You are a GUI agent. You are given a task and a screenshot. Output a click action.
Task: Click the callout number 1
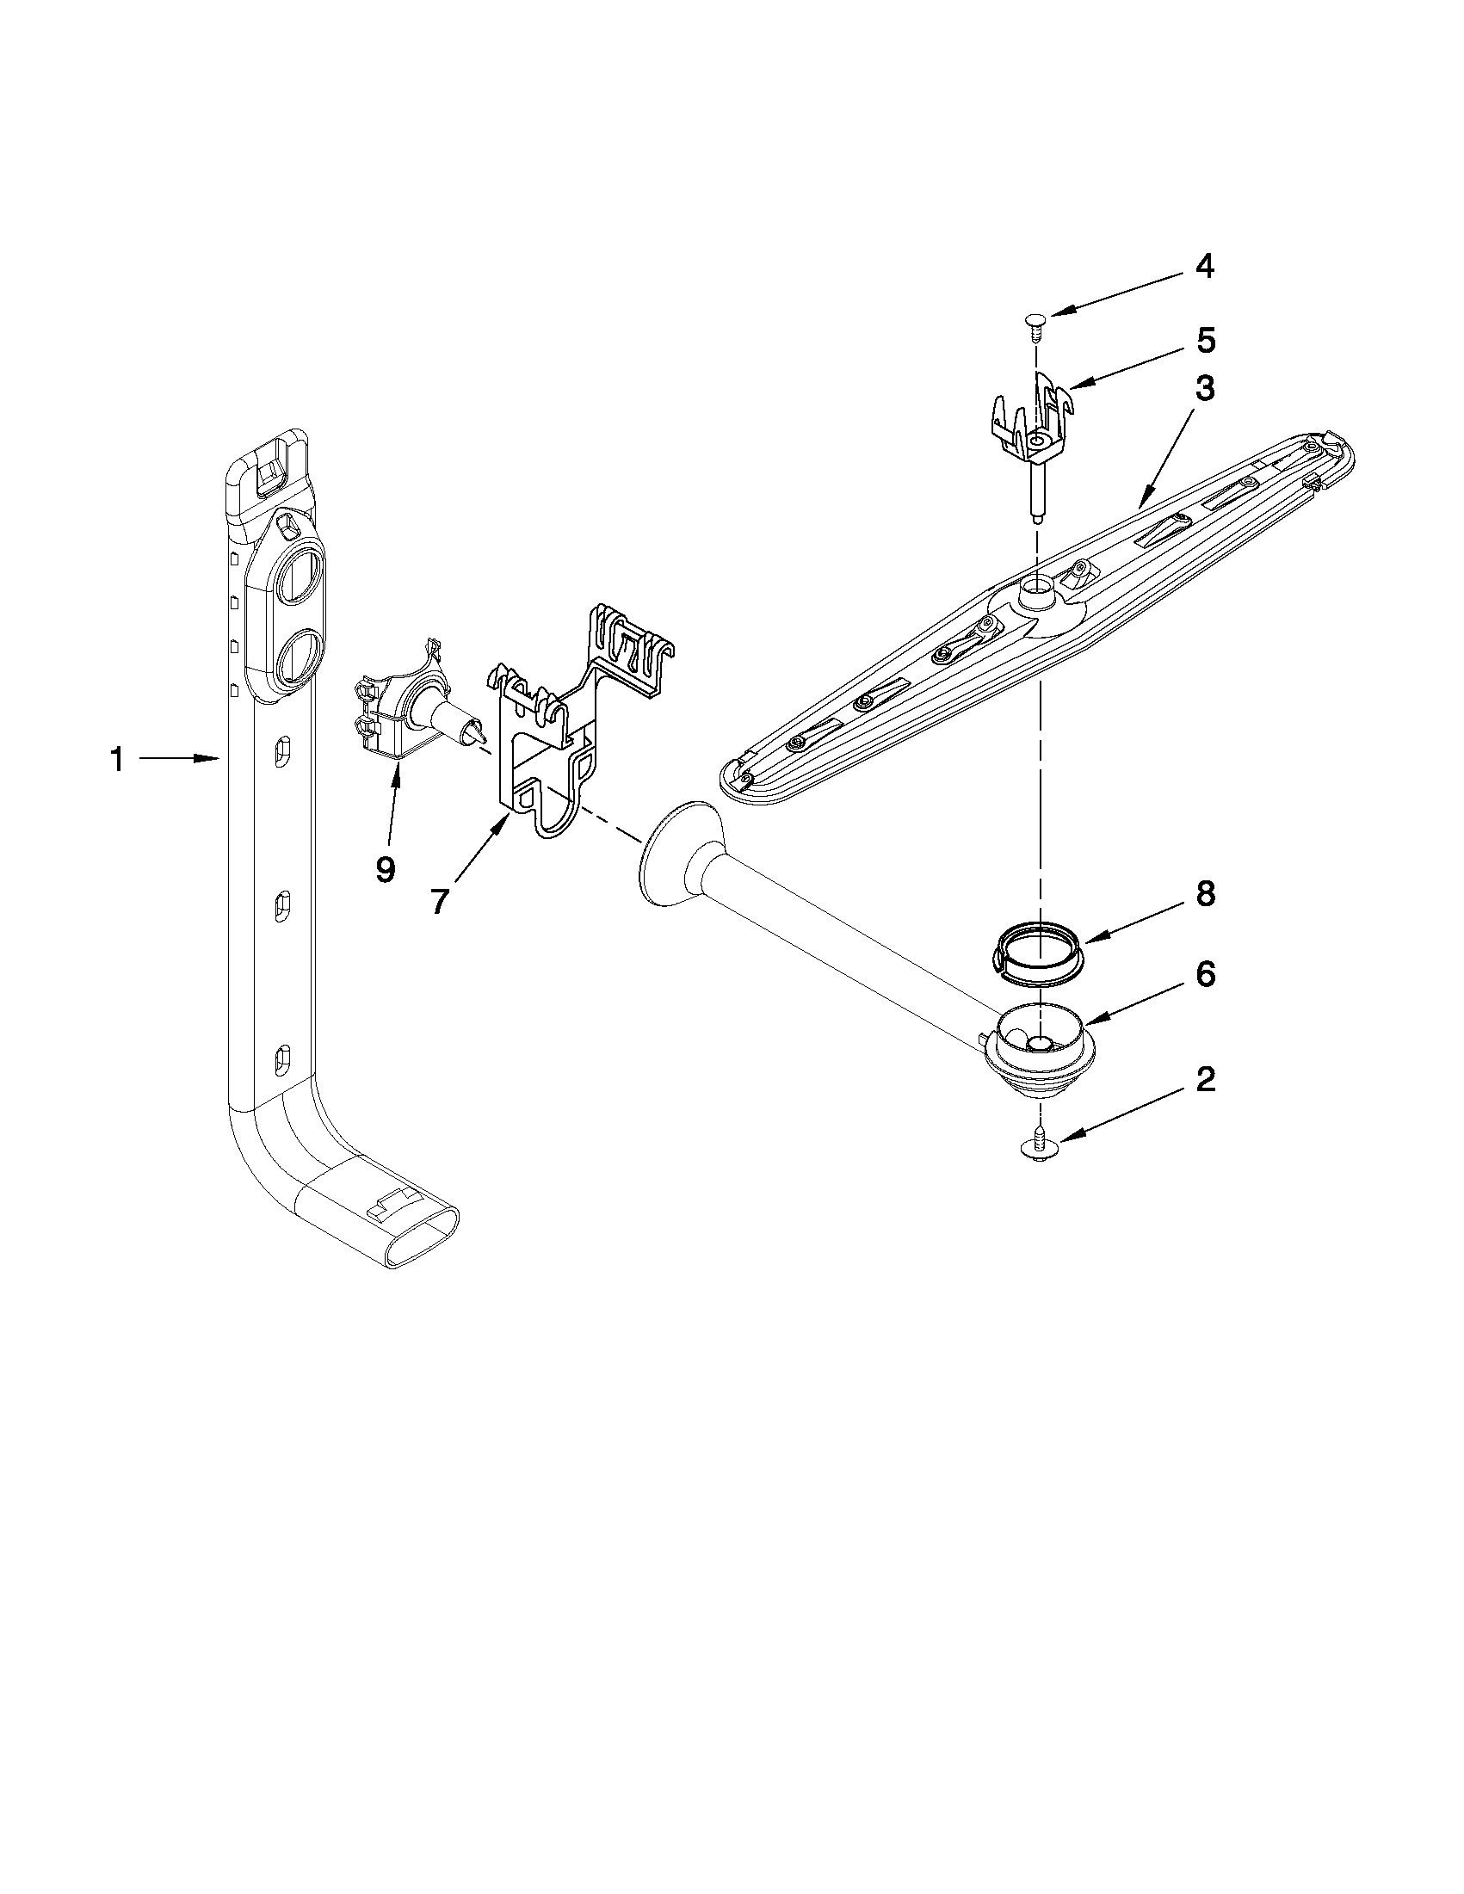tap(117, 761)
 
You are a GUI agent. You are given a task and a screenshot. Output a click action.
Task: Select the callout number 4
tap(1204, 266)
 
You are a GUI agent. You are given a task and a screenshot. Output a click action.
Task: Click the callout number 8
tap(1206, 894)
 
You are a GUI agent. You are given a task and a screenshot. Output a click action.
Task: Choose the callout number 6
tap(1206, 974)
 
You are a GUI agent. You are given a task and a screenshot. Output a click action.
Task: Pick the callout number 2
tap(1206, 1081)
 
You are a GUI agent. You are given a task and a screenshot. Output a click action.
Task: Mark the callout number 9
tap(385, 868)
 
